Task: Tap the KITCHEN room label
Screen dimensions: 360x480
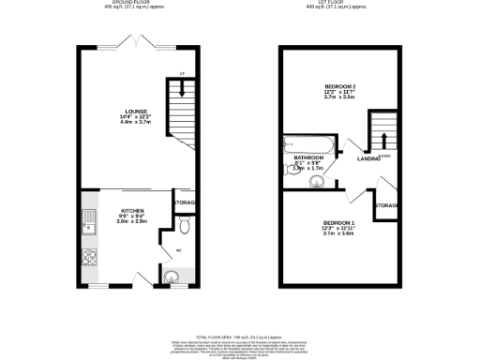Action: click(x=131, y=211)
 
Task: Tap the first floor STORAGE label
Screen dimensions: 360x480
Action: click(x=387, y=205)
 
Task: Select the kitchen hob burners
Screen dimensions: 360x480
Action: click(x=90, y=256)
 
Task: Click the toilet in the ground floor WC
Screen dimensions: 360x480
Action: click(x=184, y=225)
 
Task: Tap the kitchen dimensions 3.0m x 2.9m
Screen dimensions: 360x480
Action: click(x=131, y=222)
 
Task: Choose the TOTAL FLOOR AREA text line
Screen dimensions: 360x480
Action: click(x=239, y=335)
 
